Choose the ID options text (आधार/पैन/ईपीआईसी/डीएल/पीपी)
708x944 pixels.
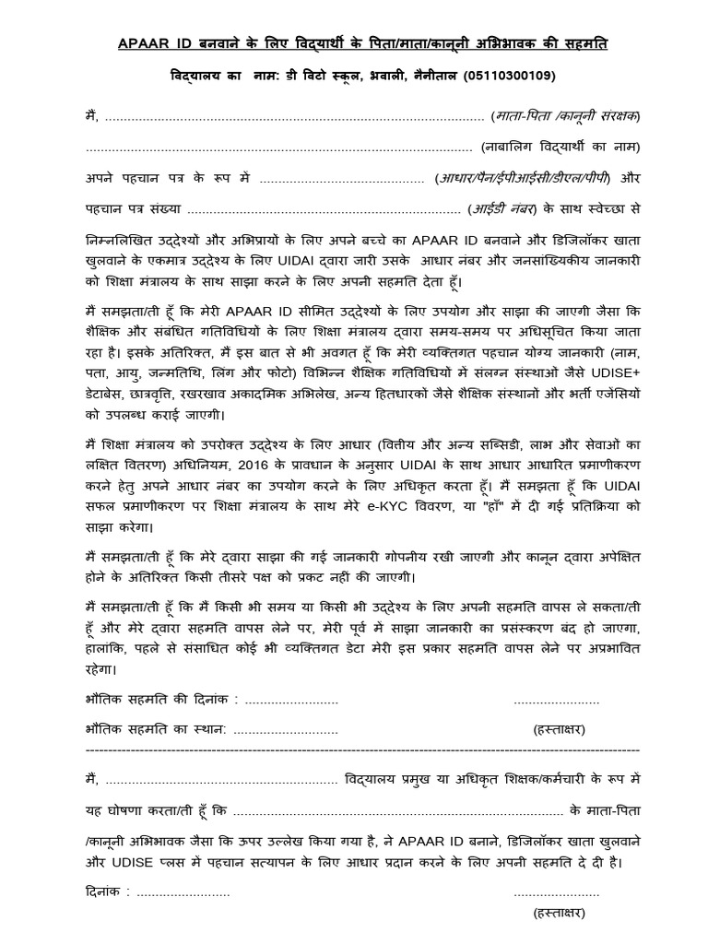(523, 177)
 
